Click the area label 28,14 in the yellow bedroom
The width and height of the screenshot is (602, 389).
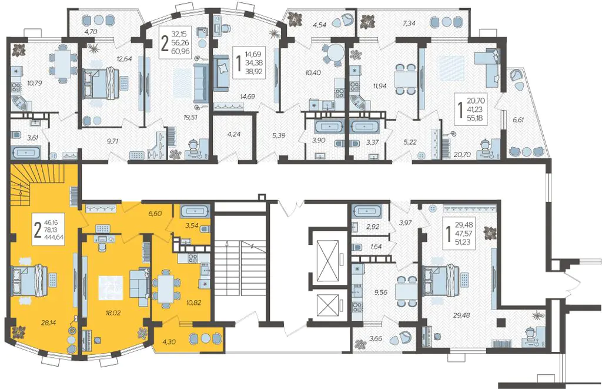click(x=48, y=323)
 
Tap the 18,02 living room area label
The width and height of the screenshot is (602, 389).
click(x=113, y=313)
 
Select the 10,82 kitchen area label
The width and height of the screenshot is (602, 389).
click(x=193, y=303)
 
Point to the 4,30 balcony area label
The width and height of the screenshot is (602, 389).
click(x=169, y=341)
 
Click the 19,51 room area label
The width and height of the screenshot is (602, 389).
click(x=190, y=117)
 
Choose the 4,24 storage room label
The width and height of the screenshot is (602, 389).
click(x=233, y=135)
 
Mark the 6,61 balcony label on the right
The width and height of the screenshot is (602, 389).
click(x=518, y=119)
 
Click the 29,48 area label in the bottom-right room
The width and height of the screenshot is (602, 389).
click(x=461, y=315)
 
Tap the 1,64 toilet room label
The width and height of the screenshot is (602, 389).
click(x=376, y=247)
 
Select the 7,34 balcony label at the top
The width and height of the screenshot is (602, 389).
click(x=409, y=24)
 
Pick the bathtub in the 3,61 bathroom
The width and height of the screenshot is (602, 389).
click(x=25, y=152)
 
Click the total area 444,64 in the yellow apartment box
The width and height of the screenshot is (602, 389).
click(x=54, y=237)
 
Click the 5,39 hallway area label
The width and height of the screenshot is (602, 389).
click(x=278, y=135)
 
